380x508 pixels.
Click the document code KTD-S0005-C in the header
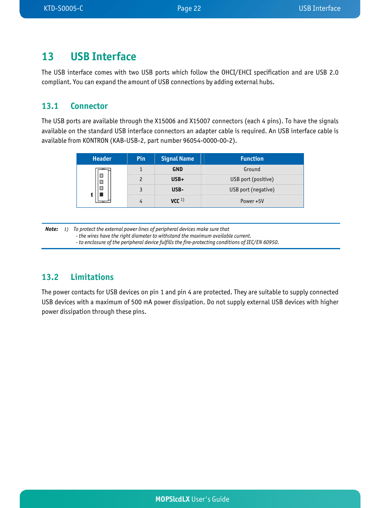coord(63,8)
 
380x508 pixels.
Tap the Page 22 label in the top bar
coord(189,8)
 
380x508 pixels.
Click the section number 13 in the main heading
coord(47,57)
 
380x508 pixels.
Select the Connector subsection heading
coord(89,106)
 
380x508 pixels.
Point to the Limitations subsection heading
coord(92,277)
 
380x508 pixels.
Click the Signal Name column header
coord(177,159)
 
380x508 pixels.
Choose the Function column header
coord(252,159)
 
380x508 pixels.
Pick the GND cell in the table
coord(177,169)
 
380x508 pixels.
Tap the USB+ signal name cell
coord(177,179)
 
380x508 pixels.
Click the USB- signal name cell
coord(177,190)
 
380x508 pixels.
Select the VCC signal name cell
coord(176,201)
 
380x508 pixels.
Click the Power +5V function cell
coord(252,201)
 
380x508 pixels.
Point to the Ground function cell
coord(252,169)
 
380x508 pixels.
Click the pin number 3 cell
coord(141,190)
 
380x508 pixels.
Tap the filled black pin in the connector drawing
coord(101,195)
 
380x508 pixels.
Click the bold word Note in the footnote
coord(51,229)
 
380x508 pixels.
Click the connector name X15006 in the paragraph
coord(165,121)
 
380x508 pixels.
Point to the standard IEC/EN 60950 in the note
coord(262,242)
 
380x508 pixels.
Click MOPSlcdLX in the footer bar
coord(172,499)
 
